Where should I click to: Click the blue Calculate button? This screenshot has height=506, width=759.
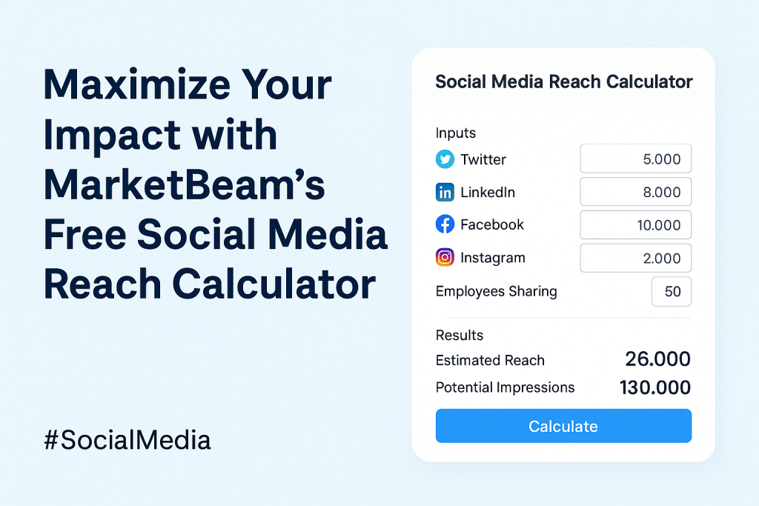(563, 426)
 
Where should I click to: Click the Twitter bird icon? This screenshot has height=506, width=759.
(445, 159)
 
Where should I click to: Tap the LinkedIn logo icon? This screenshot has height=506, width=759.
(445, 193)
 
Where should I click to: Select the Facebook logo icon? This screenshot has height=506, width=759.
(445, 224)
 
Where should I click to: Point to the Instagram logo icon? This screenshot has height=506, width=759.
(445, 258)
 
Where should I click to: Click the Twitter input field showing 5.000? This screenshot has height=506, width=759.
(635, 159)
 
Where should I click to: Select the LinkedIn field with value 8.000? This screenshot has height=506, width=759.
(635, 192)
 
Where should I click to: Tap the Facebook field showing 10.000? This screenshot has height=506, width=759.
(635, 224)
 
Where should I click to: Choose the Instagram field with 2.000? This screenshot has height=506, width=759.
(635, 258)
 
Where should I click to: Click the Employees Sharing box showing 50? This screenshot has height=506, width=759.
(671, 291)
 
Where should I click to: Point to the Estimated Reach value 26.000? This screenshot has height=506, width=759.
(657, 360)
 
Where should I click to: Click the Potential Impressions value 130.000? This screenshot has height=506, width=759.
(654, 387)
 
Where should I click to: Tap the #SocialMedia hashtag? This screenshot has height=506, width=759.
(127, 440)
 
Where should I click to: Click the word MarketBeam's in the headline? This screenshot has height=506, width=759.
(185, 184)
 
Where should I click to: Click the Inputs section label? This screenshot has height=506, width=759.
(456, 133)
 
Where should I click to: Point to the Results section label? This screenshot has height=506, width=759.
(460, 335)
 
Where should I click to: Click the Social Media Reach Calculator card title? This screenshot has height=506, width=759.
(563, 81)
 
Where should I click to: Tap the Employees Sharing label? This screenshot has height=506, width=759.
(496, 291)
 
